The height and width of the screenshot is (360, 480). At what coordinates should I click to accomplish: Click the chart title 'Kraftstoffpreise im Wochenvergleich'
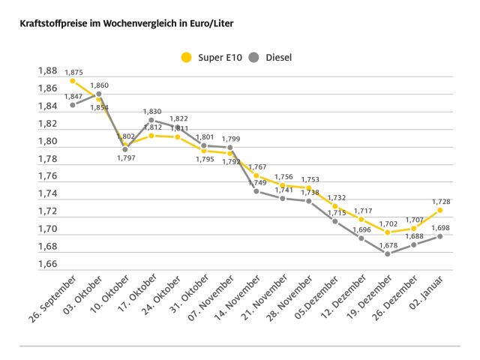tap(121, 23)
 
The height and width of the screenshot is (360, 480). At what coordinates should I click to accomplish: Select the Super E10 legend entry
tap(213, 57)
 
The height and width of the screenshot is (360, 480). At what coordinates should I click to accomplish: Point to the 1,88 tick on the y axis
tap(47, 71)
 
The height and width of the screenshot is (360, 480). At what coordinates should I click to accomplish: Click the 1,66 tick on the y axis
tap(47, 264)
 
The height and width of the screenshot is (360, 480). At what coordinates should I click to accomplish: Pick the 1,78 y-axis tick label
tap(47, 159)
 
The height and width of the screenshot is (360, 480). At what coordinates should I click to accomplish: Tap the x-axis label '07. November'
tap(214, 301)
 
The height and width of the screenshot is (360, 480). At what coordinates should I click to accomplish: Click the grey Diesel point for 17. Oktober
tap(151, 120)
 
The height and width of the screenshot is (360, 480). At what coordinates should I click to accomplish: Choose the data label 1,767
tap(257, 166)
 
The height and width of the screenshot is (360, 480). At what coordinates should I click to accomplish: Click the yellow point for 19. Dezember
tap(388, 232)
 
